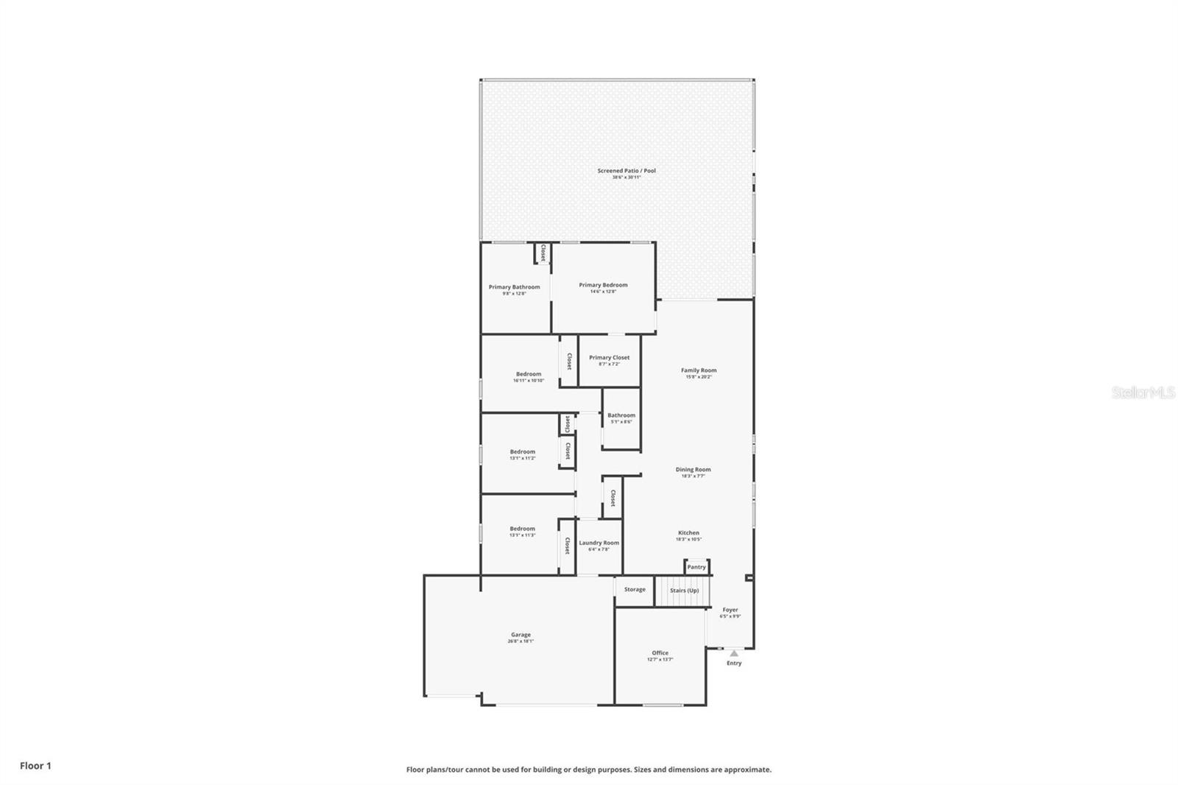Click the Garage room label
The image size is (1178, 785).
(521, 635)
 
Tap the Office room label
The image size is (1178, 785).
(660, 653)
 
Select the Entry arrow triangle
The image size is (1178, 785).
(734, 653)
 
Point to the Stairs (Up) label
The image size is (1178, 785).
(684, 591)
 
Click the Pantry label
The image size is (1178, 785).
(696, 567)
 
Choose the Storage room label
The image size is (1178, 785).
(635, 589)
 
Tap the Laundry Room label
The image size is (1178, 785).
(599, 543)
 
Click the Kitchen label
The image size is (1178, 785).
(688, 532)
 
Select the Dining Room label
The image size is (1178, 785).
(693, 469)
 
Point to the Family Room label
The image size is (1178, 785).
(699, 370)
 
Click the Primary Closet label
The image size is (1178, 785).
(609, 358)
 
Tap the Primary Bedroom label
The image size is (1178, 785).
(603, 285)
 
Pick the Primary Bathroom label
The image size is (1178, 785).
(514, 287)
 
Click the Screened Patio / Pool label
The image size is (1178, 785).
(627, 171)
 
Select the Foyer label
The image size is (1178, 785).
(730, 610)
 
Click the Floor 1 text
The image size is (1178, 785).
(35, 766)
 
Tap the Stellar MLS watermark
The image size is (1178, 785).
(1143, 393)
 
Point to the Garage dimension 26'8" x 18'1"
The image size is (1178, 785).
(521, 641)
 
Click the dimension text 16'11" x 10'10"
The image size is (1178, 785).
(528, 381)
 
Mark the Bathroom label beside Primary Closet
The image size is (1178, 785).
(621, 415)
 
